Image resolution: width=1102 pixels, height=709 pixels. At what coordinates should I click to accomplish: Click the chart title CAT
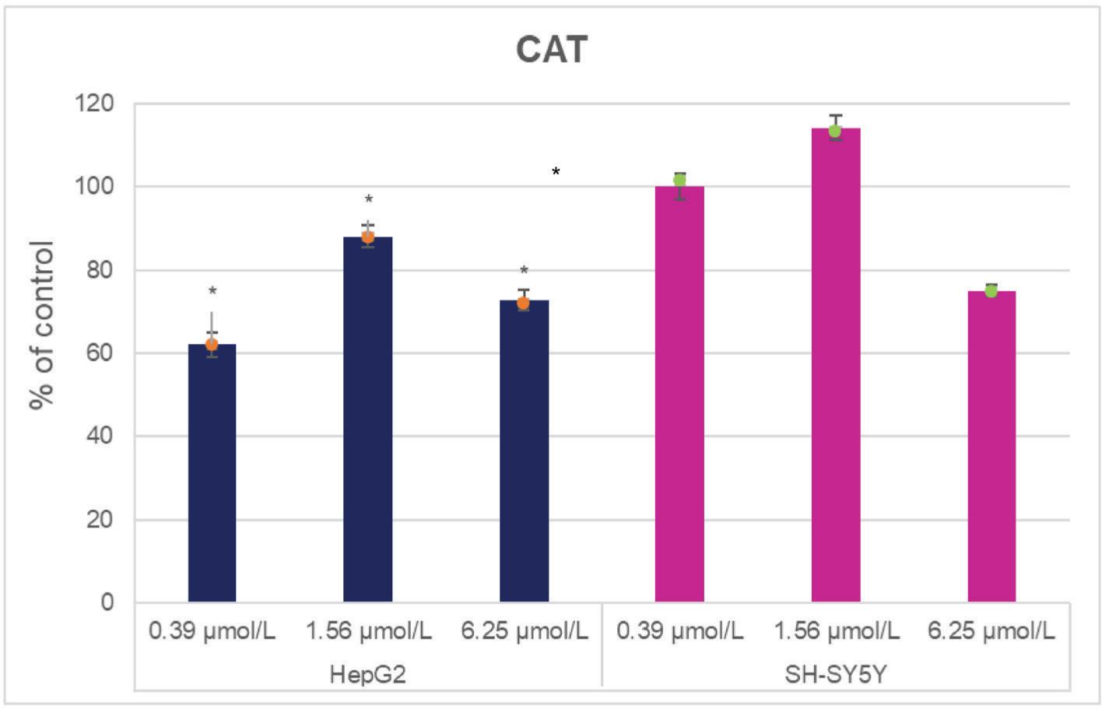point(551,50)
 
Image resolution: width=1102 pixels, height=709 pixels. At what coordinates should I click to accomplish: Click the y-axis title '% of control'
point(42,325)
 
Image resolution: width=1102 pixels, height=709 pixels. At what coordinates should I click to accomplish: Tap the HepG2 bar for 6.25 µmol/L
point(524,451)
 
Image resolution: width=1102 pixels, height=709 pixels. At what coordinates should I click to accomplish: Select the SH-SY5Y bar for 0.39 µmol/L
point(679,394)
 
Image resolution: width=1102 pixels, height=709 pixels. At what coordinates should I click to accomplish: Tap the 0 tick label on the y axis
point(107,602)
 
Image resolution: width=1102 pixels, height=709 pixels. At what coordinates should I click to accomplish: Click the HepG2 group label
point(367,673)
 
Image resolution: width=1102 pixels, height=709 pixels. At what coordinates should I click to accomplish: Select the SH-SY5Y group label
point(835,673)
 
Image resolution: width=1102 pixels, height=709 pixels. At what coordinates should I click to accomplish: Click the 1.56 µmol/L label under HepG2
point(368,630)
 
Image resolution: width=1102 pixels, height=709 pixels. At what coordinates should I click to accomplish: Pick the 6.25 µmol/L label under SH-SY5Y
point(991,630)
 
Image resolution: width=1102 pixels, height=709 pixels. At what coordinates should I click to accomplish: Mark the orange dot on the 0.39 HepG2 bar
point(212,344)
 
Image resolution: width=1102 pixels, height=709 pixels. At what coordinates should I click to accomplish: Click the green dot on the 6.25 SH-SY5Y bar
point(991,290)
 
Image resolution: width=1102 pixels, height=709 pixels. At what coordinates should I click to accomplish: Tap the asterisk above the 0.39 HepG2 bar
point(212,292)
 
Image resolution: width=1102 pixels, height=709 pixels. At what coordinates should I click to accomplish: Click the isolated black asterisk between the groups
point(556,172)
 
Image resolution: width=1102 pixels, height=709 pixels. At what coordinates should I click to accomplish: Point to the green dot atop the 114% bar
point(835,131)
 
